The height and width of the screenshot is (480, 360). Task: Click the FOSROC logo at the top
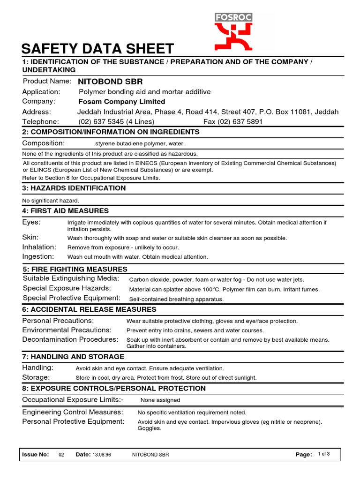click(233, 31)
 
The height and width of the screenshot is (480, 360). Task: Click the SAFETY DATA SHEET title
click(98, 48)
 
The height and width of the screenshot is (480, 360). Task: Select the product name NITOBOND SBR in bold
click(110, 82)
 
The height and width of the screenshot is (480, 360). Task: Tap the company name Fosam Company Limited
click(122, 102)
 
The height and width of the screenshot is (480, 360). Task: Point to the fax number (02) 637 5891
click(233, 122)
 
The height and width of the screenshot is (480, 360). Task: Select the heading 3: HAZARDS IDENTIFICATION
click(74, 188)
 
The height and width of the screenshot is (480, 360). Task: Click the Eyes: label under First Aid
click(31, 222)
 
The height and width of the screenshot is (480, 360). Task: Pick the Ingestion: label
click(38, 256)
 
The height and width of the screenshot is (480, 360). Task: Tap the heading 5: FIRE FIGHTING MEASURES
click(75, 269)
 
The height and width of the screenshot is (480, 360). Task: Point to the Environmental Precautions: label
click(67, 330)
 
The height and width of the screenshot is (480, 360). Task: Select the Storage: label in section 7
click(36, 377)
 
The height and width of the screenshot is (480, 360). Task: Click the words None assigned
click(160, 400)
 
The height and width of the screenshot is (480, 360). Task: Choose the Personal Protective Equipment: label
click(74, 421)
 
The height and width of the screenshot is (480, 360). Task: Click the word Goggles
click(149, 428)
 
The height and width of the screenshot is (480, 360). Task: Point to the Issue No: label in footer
click(36, 455)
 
